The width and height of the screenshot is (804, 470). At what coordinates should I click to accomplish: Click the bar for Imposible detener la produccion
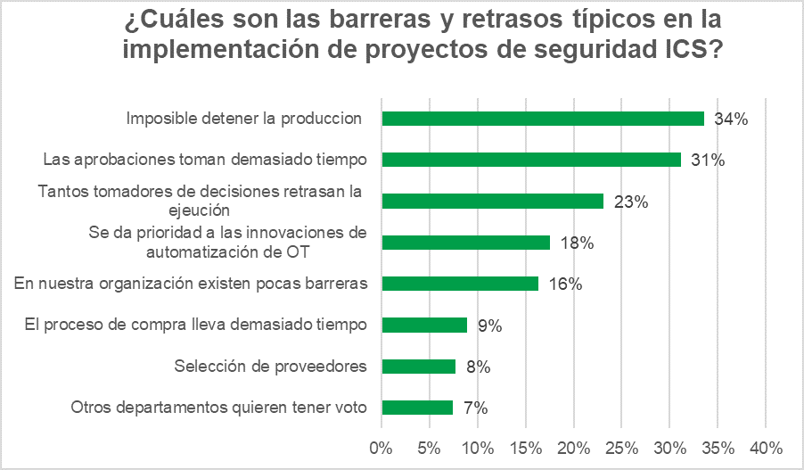click(543, 119)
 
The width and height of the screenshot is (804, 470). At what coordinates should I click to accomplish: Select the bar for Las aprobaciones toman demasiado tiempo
click(531, 160)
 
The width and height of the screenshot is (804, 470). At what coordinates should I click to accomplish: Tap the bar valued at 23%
click(492, 201)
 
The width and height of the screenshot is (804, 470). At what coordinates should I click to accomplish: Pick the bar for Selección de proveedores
click(418, 367)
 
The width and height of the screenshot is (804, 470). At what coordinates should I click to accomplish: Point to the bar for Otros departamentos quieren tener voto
click(417, 408)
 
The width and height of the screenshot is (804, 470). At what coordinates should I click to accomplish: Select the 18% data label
click(576, 243)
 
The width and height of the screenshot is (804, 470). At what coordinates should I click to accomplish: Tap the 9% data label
click(489, 326)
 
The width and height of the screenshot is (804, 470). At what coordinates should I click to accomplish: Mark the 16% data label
click(565, 284)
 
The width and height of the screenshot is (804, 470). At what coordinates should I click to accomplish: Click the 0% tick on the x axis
click(381, 446)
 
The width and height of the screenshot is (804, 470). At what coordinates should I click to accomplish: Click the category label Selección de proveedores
click(271, 367)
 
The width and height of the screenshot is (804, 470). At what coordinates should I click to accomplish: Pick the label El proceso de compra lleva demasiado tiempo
click(195, 325)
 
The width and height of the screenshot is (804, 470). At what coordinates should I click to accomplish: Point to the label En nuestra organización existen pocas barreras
click(192, 284)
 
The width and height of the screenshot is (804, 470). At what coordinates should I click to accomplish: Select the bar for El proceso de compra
click(424, 326)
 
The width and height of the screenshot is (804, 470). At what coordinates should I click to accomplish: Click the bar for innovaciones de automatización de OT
click(466, 243)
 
